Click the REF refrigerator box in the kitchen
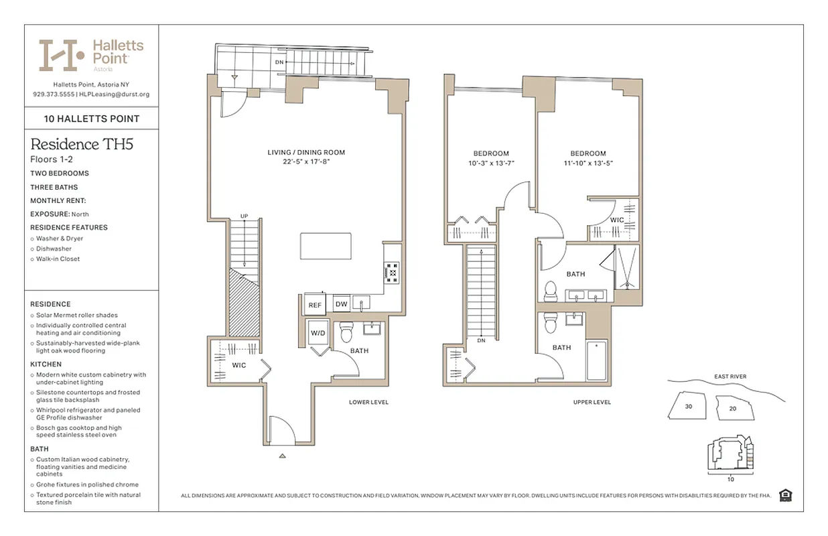[315, 304]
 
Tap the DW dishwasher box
[341, 304]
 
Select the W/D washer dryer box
[318, 333]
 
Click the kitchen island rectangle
[326, 246]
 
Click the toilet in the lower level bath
[346, 332]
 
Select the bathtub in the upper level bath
[596, 360]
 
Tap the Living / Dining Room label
[306, 153]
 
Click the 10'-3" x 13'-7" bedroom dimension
[491, 163]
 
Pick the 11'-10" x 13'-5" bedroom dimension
[589, 163]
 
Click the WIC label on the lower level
[239, 365]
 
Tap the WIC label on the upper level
[617, 220]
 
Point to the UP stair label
[245, 216]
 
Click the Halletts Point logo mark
[62, 55]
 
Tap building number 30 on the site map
[688, 406]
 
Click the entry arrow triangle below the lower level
[282, 456]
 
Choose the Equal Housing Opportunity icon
[786, 495]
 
